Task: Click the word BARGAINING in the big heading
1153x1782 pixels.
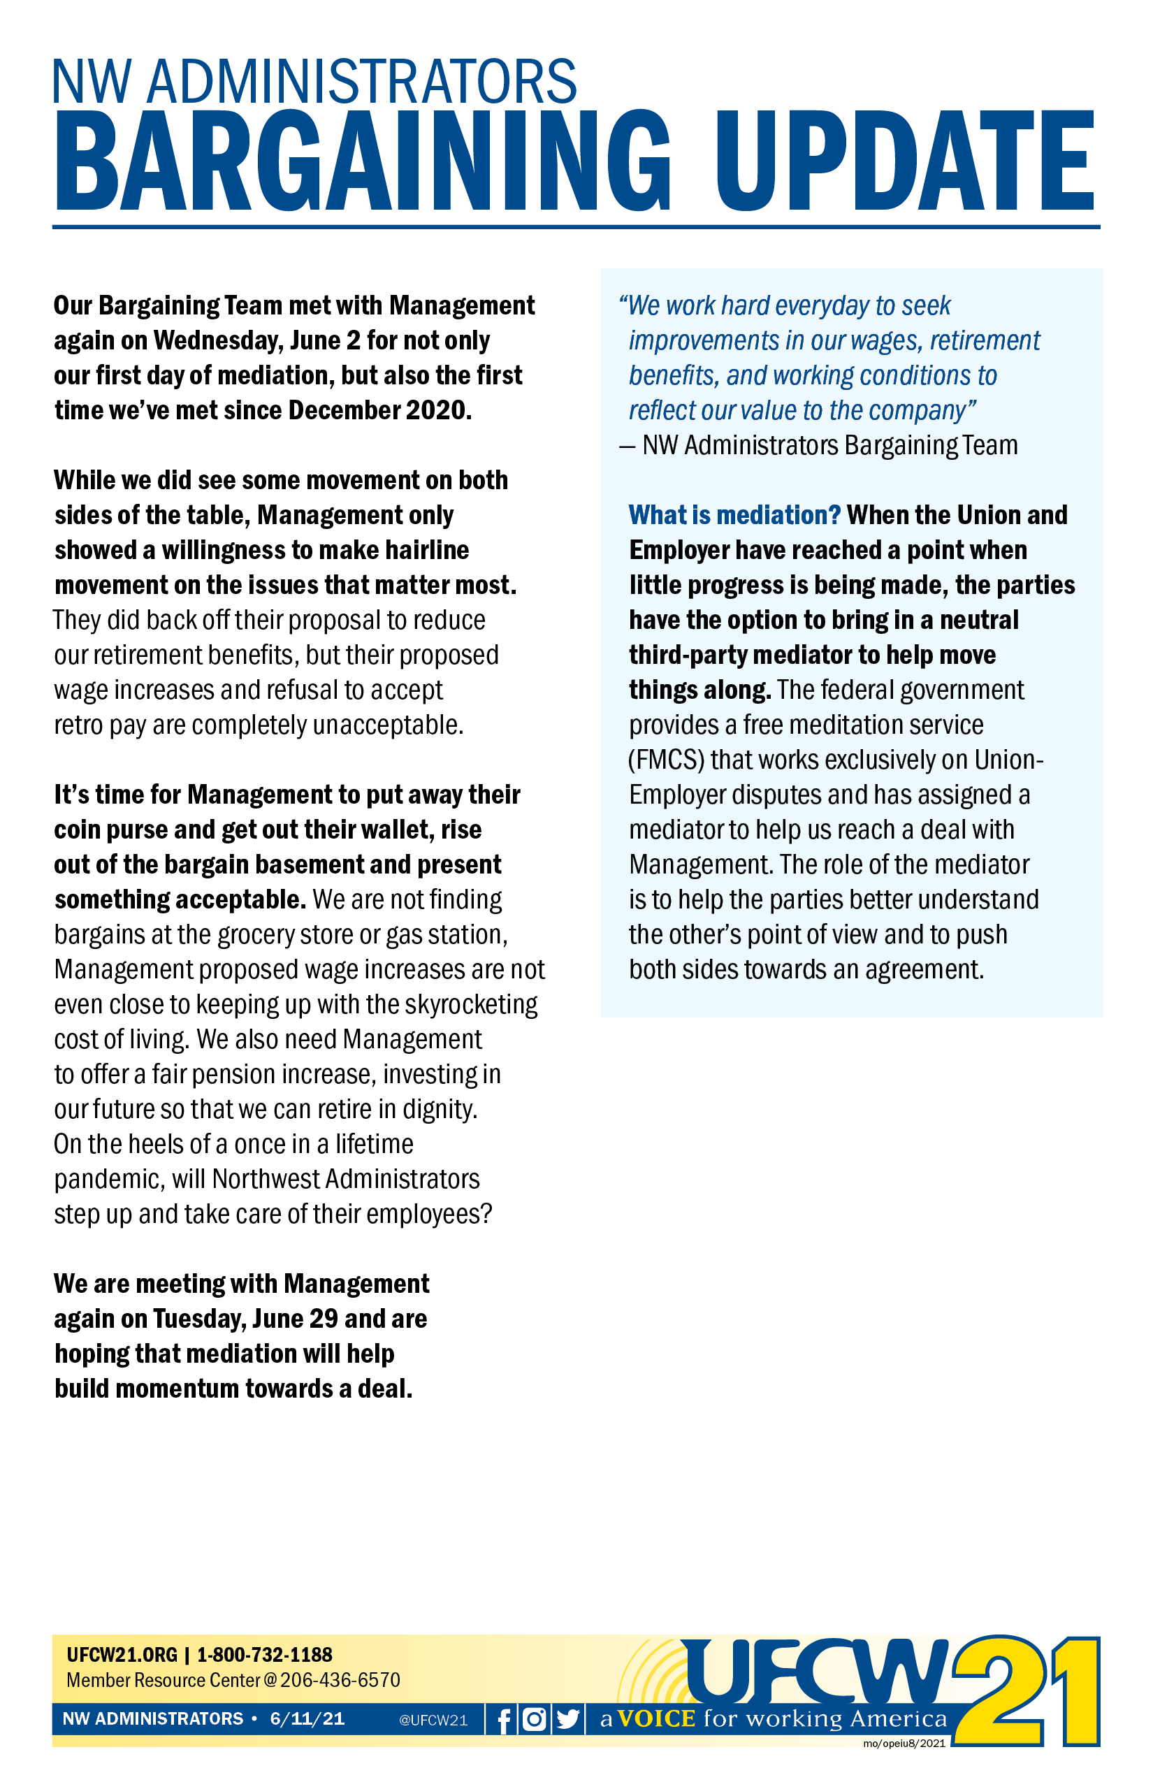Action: (x=363, y=161)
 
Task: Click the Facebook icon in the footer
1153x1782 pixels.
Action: (x=504, y=1719)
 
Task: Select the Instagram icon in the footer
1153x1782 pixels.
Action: (x=534, y=1719)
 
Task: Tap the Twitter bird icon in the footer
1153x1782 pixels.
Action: (x=568, y=1719)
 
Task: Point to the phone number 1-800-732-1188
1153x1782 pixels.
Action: (x=264, y=1655)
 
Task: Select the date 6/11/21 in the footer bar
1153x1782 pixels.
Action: (x=307, y=1719)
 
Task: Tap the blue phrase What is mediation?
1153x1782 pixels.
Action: (x=734, y=515)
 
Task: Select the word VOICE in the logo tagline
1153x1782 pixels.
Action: (x=657, y=1718)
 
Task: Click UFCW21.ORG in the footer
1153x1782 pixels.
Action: (x=122, y=1655)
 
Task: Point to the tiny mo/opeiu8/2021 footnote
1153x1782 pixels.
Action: (x=904, y=1743)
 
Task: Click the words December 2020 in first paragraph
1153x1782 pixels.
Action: (x=379, y=410)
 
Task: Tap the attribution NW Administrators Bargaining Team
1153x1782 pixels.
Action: (x=829, y=446)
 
